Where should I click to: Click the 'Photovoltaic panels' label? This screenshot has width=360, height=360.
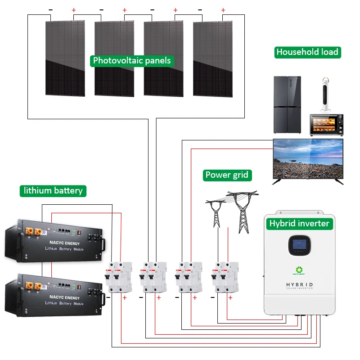click(x=132, y=61)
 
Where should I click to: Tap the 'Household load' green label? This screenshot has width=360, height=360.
click(x=307, y=52)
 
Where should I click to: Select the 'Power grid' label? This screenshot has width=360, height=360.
click(x=226, y=175)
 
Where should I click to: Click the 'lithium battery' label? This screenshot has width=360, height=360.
click(x=53, y=190)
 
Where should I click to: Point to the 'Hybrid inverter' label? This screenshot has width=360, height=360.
click(x=299, y=223)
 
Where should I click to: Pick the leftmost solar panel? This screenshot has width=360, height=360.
click(x=65, y=58)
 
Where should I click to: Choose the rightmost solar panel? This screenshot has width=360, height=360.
click(x=213, y=58)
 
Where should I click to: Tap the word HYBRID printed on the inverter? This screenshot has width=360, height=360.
click(x=299, y=285)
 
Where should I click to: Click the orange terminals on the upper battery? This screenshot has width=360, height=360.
click(x=34, y=232)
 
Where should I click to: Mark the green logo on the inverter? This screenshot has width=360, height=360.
click(x=299, y=269)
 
